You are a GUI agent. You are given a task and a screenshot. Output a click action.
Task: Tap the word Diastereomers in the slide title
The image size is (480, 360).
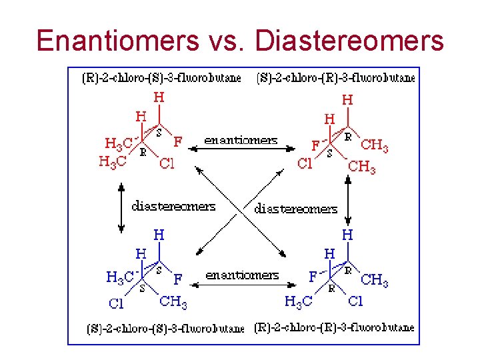pyautogui.click(x=349, y=40)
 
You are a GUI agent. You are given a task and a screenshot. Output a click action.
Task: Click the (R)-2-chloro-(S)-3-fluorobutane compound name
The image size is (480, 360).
pyautogui.click(x=161, y=78)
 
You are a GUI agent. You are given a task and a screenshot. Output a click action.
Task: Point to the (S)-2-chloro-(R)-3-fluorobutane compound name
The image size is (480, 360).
pyautogui.click(x=335, y=78)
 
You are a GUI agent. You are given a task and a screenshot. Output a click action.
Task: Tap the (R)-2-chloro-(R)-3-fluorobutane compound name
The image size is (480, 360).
pyautogui.click(x=334, y=328)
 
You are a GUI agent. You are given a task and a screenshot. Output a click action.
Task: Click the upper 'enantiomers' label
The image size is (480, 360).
pyautogui.click(x=241, y=141)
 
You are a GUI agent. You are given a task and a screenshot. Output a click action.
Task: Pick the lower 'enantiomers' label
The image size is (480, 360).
pyautogui.click(x=242, y=275)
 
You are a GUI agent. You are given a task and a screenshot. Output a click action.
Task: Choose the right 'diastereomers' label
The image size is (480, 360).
pyautogui.click(x=296, y=209)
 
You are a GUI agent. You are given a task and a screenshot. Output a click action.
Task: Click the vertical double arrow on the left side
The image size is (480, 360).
pyautogui.click(x=121, y=208)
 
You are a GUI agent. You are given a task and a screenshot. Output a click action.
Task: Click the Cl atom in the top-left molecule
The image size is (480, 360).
pyautogui.click(x=166, y=164)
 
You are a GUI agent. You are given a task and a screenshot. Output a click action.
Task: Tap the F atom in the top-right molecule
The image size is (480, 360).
pyautogui.click(x=315, y=145)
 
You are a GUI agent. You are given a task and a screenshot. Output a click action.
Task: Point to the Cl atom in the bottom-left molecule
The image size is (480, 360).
pyautogui.click(x=116, y=304)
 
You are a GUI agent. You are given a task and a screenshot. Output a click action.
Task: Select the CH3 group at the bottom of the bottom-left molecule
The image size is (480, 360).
pyautogui.click(x=173, y=303)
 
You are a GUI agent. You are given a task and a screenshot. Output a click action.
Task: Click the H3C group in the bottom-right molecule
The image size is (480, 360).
pyautogui.click(x=297, y=303)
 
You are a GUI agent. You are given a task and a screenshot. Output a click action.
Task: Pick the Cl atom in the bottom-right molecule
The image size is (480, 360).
pyautogui.click(x=355, y=301)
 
